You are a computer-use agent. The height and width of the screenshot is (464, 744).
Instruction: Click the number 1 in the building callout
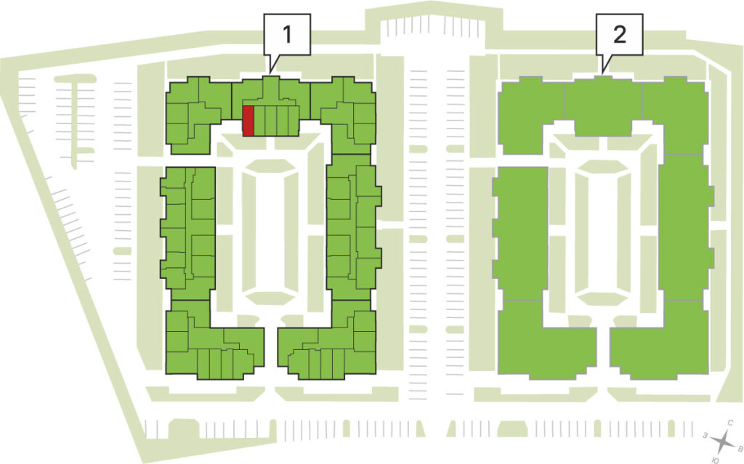286,34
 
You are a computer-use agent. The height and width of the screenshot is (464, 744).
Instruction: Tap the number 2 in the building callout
619,34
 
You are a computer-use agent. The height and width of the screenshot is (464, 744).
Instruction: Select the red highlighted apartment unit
248,121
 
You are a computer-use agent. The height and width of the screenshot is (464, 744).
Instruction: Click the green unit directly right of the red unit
259,121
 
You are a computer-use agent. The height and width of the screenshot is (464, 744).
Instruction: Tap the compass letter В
739,448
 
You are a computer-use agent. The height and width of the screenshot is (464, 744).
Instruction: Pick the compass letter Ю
716,460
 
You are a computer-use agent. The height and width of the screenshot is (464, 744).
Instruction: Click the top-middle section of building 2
603,106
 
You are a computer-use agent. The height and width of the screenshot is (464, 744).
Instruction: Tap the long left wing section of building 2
520,232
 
